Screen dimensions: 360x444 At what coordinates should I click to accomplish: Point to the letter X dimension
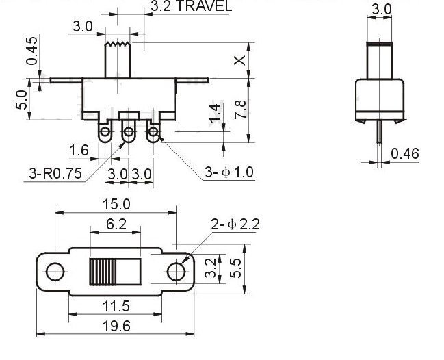click(x=239, y=60)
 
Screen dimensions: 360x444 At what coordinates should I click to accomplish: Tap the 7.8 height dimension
click(x=239, y=109)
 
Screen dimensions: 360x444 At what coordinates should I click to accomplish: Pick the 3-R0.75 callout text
click(x=55, y=173)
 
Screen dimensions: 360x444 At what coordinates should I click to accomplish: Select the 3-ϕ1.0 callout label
click(x=228, y=172)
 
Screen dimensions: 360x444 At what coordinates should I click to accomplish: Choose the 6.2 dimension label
click(x=116, y=224)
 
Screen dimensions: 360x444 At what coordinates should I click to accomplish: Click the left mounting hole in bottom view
click(x=55, y=272)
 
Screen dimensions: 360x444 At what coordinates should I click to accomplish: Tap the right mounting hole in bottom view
click(x=177, y=272)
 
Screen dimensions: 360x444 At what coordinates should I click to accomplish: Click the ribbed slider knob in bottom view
click(x=103, y=272)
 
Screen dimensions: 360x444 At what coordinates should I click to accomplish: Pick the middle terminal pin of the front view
click(x=128, y=132)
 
